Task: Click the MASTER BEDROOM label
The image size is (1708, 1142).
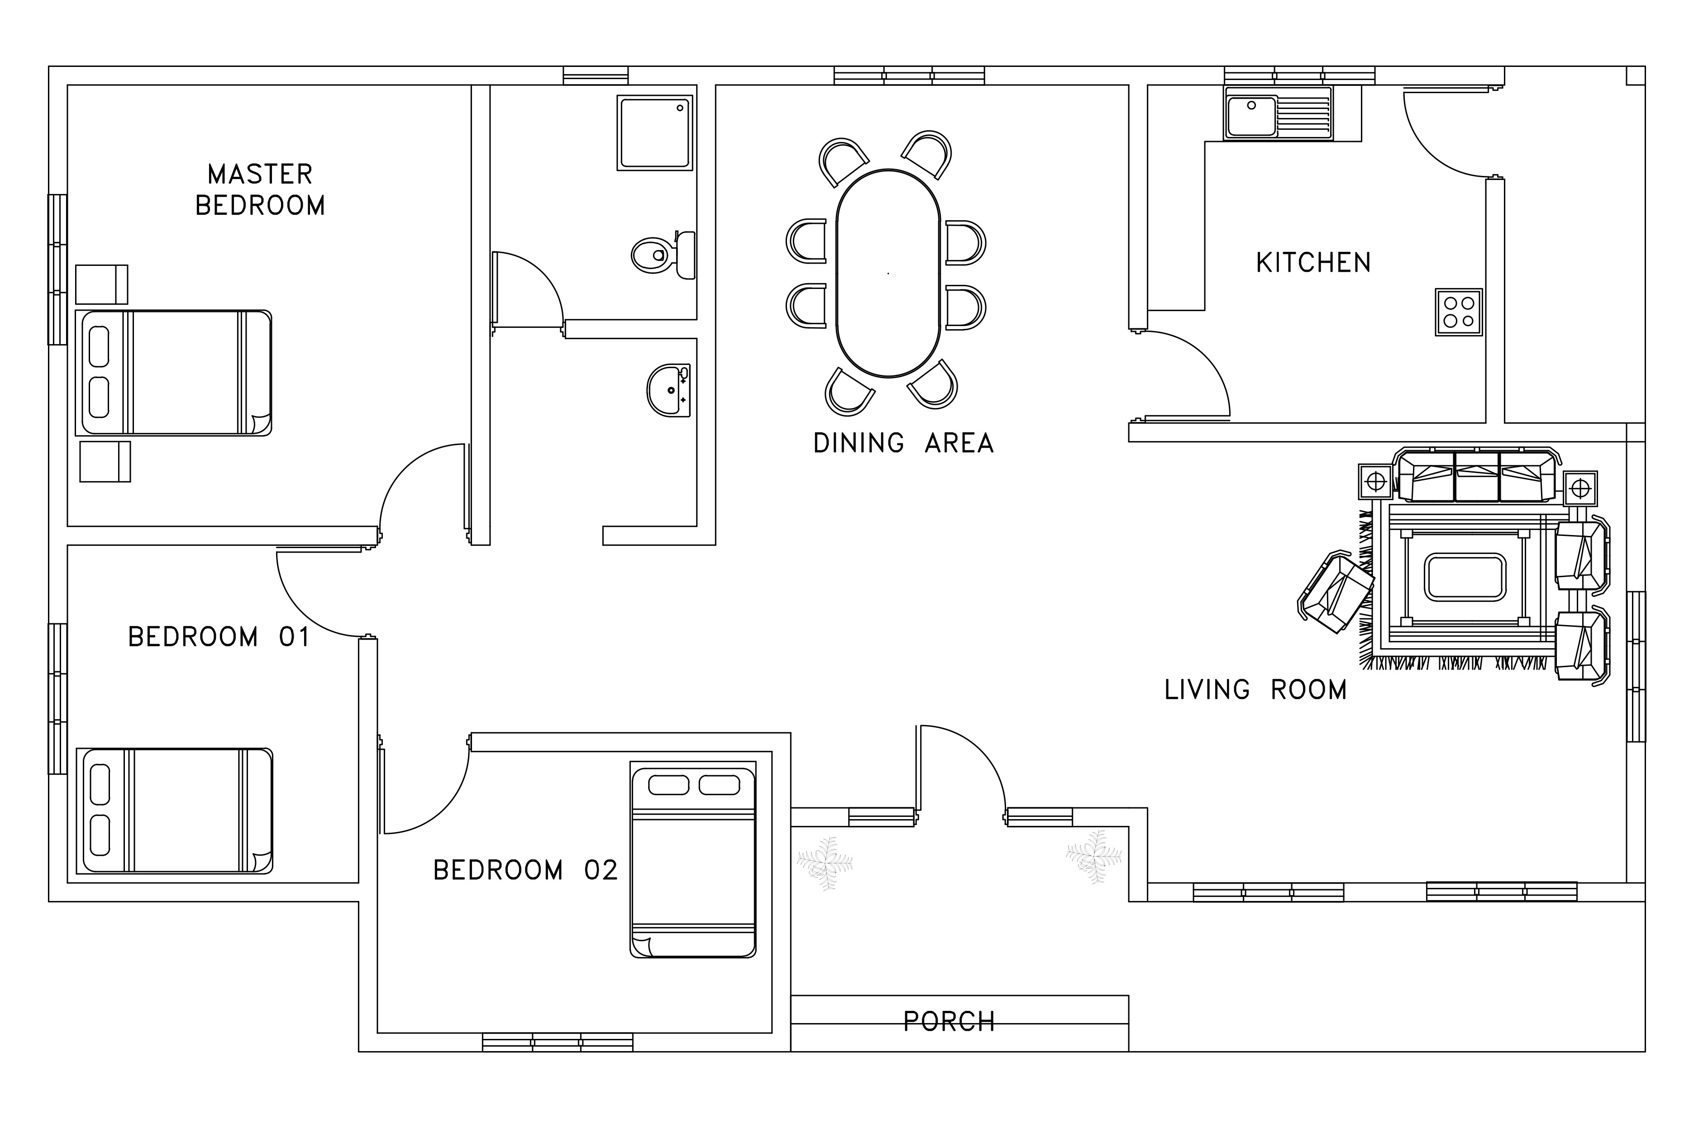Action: pos(260,190)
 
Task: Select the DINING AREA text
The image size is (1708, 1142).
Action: pos(903,443)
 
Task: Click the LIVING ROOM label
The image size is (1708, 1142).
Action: pos(1255,690)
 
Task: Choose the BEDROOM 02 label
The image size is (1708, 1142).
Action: pos(525,870)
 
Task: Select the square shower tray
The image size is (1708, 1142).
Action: pos(654,133)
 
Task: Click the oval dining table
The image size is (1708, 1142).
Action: pos(888,273)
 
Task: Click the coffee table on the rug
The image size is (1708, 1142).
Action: pos(1465,578)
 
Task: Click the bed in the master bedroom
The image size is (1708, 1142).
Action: pos(173,373)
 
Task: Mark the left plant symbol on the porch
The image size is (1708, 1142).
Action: pos(825,864)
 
